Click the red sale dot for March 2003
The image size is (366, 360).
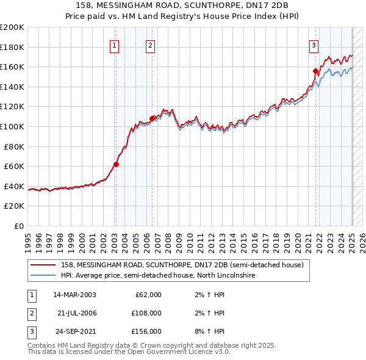click(x=116, y=164)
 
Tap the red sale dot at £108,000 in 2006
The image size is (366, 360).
click(x=152, y=118)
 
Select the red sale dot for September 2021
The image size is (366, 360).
click(x=316, y=71)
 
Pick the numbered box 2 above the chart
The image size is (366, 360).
click(x=151, y=45)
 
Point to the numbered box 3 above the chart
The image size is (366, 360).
click(x=314, y=45)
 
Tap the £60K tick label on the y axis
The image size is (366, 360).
click(x=14, y=166)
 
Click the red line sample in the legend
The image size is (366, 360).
click(x=43, y=265)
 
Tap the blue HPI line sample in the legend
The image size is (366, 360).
click(x=43, y=276)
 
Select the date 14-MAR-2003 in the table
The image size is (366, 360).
click(x=75, y=295)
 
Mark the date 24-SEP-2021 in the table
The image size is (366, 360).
click(x=75, y=331)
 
